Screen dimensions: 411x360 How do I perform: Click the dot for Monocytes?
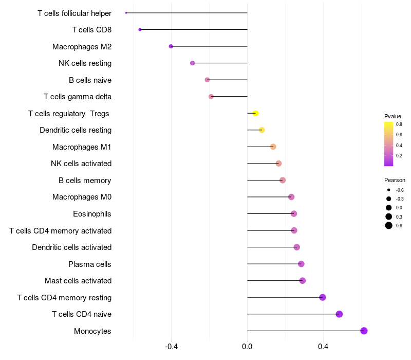(x=364, y=331)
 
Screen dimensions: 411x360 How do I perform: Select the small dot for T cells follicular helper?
(x=126, y=13)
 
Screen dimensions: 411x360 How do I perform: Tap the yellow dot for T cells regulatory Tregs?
(x=255, y=113)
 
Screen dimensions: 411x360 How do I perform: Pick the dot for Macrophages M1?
(x=273, y=147)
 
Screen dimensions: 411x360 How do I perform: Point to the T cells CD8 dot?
(x=140, y=30)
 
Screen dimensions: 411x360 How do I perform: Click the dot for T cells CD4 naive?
(x=339, y=314)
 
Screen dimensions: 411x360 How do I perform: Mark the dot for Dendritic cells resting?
(x=262, y=130)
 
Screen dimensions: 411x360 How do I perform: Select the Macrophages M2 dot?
(x=171, y=46)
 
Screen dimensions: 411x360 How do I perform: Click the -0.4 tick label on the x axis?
(x=171, y=347)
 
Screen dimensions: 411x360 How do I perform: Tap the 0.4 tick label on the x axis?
(x=323, y=347)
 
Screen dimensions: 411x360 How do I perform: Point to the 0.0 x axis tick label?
(x=247, y=347)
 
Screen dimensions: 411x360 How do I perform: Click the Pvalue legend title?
(x=393, y=116)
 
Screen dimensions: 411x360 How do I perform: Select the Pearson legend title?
(x=395, y=181)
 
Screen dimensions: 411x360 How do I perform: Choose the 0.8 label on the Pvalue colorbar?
(x=399, y=124)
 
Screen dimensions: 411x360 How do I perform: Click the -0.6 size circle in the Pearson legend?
(x=389, y=190)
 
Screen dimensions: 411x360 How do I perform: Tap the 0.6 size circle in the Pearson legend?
(x=389, y=225)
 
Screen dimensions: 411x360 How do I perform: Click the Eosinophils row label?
(x=92, y=214)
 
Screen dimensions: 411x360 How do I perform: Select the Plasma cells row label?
(x=89, y=264)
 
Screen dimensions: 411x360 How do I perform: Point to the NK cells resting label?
(x=85, y=63)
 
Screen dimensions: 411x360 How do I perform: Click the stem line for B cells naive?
(x=227, y=80)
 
